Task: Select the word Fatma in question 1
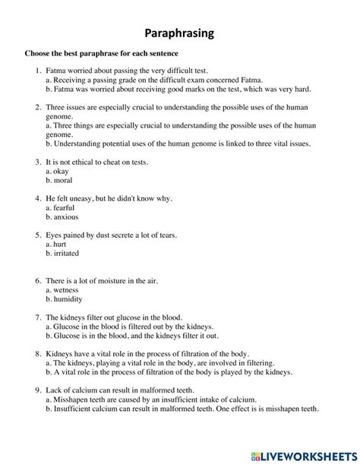pyautogui.click(x=57, y=70)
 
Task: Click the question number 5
pyautogui.click(x=37, y=235)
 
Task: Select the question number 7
pyautogui.click(x=37, y=317)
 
